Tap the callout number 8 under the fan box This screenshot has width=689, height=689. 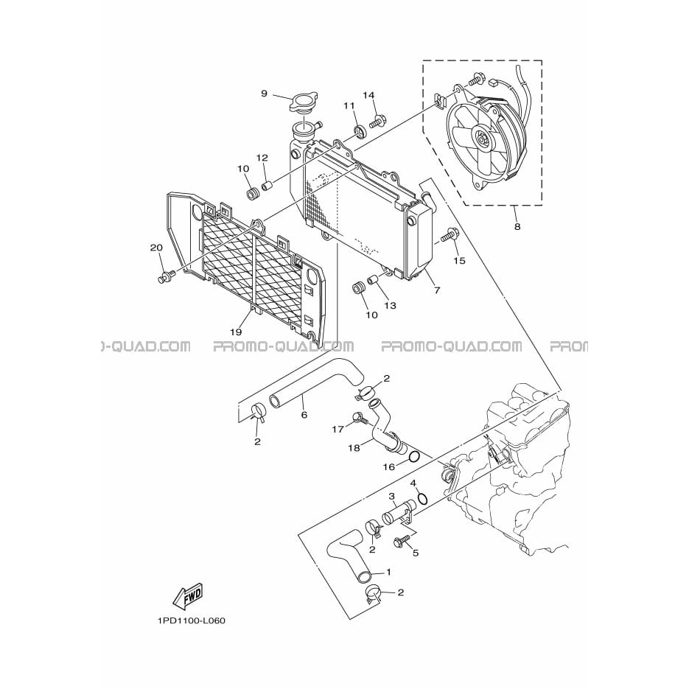(517, 227)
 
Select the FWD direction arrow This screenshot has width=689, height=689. (188, 597)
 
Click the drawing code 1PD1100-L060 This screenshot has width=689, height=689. (192, 621)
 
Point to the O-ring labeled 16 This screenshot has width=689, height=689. (413, 458)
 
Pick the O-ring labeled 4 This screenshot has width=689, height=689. (423, 499)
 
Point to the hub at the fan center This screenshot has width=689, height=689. (482, 140)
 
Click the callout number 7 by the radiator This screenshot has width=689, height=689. (437, 290)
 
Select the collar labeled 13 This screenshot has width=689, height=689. (374, 279)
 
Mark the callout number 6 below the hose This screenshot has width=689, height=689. (304, 414)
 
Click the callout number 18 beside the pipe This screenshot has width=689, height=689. (354, 448)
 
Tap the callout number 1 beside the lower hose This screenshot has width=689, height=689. (388, 572)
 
